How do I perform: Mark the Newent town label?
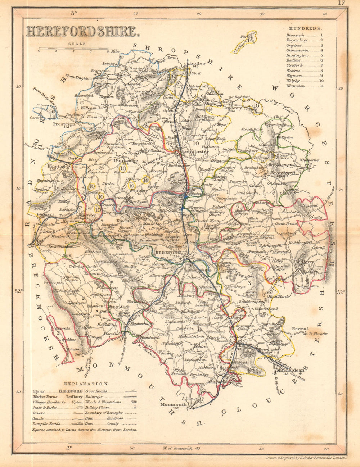[300, 328]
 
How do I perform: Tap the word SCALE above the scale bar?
[76, 44]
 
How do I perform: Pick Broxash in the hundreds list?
[296, 35]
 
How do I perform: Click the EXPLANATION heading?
[85, 384]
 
